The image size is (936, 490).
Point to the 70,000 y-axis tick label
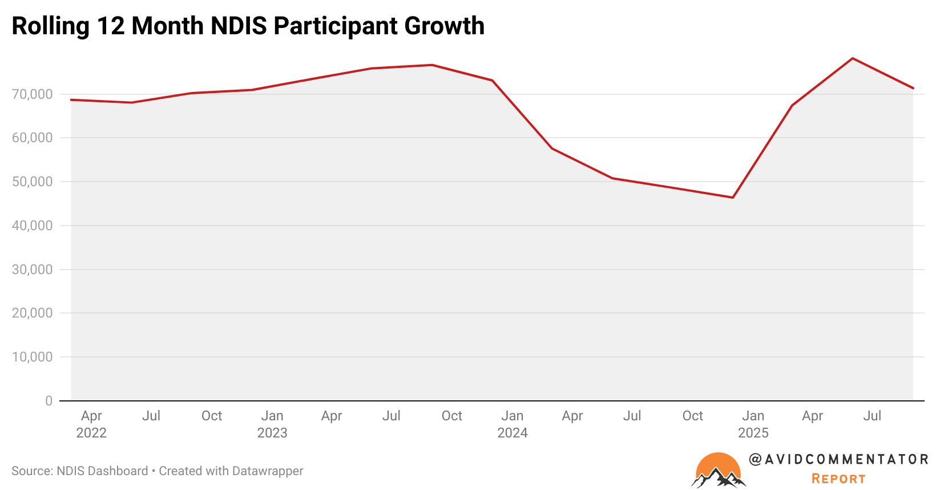[x=32, y=94]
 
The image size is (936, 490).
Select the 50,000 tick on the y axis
[x=32, y=182]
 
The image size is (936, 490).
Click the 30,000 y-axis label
[x=32, y=270]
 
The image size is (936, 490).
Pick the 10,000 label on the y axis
[x=32, y=357]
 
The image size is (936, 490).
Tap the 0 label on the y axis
[x=49, y=401]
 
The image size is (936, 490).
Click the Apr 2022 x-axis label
[x=91, y=424]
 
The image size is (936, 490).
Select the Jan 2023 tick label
[x=272, y=424]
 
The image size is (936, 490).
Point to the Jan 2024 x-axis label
[x=513, y=424]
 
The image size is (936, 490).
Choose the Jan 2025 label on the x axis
[x=753, y=424]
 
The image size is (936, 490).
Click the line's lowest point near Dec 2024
[x=733, y=198]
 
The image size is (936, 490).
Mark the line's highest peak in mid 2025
[x=852, y=58]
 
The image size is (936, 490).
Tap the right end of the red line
[x=913, y=88]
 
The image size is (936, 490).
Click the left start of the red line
[x=71, y=100]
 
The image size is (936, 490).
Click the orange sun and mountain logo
[x=719, y=471]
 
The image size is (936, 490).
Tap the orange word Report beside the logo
[x=838, y=479]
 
